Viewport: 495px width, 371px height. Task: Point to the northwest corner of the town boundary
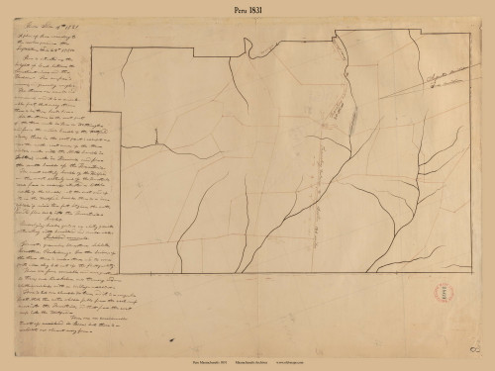pos(90,46)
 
